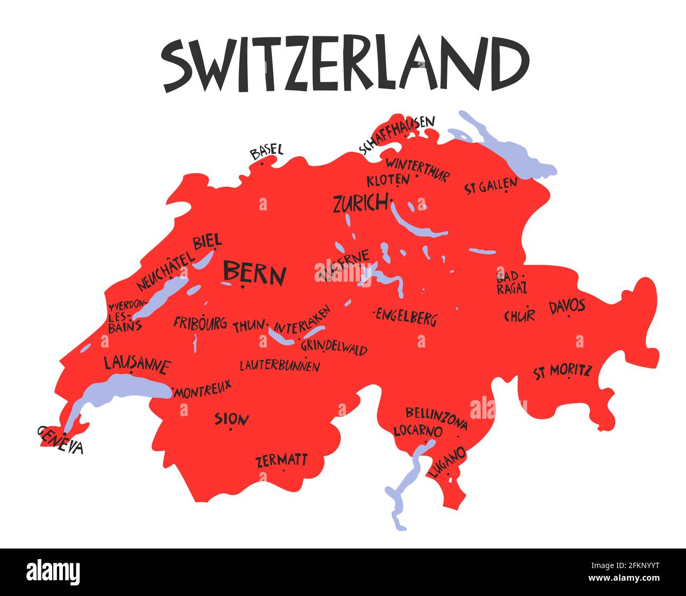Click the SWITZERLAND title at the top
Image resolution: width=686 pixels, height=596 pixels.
click(346, 64)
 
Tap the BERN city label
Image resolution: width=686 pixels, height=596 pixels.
click(254, 273)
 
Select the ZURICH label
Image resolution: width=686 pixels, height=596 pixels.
click(360, 203)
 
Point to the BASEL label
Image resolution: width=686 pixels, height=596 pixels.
click(266, 151)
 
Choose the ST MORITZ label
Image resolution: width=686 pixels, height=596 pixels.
click(563, 371)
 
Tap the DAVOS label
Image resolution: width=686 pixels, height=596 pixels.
click(567, 306)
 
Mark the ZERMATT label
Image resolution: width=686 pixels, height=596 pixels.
click(281, 460)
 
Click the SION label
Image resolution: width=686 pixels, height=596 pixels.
click(232, 419)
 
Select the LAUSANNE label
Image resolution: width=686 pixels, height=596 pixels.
click(137, 364)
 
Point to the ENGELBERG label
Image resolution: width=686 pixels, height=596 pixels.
click(406, 318)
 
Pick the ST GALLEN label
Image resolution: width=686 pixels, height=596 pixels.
click(491, 186)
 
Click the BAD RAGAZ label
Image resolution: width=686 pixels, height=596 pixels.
click(511, 282)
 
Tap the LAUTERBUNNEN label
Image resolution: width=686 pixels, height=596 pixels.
click(280, 366)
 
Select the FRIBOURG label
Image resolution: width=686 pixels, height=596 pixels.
click(200, 322)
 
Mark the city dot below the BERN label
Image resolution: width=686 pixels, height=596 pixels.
click(242, 287)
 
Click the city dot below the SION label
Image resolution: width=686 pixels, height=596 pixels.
click(231, 429)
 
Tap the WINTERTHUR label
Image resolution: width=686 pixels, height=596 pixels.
click(417, 168)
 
